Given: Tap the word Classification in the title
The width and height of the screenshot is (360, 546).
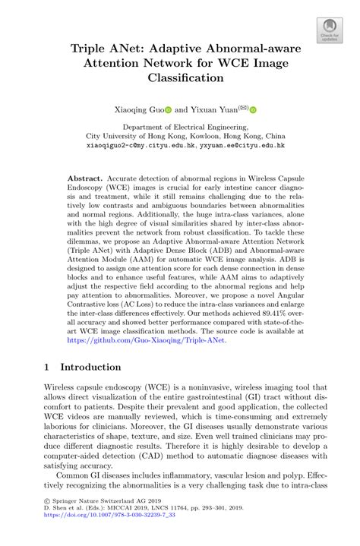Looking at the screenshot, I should [x=179, y=77].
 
